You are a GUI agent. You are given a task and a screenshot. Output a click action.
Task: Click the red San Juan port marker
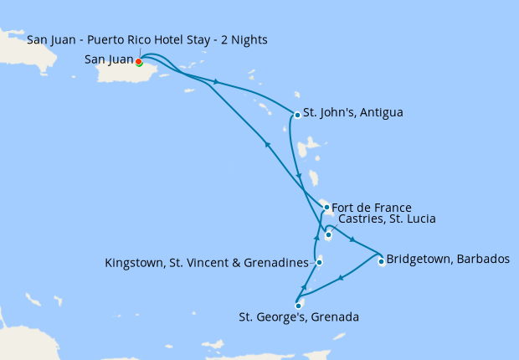[138, 61]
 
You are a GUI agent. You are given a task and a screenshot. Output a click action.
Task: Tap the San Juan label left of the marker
[108, 59]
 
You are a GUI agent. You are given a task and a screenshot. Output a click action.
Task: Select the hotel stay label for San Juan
[147, 41]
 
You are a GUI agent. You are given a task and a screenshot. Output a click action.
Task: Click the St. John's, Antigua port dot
[297, 115]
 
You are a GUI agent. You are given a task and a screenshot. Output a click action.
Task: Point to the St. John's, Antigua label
[352, 112]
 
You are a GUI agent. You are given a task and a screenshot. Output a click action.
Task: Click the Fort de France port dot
[326, 207]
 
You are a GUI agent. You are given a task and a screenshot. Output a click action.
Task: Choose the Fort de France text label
[372, 207]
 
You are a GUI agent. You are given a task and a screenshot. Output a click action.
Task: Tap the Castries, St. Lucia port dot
[328, 235]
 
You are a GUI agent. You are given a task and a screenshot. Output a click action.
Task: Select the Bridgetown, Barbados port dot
[381, 261]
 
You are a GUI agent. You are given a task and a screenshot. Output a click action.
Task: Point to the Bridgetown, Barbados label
[448, 259]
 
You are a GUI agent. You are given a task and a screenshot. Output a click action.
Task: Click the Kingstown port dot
[320, 263]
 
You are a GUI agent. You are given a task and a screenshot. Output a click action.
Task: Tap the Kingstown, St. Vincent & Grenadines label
[207, 263]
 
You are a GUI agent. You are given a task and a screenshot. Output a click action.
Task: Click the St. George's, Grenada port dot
[298, 306]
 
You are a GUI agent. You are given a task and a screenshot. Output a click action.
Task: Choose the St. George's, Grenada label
[299, 317]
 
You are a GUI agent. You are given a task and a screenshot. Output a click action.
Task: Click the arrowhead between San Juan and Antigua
[217, 82]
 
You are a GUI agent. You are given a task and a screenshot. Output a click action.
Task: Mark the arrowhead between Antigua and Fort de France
[299, 175]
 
